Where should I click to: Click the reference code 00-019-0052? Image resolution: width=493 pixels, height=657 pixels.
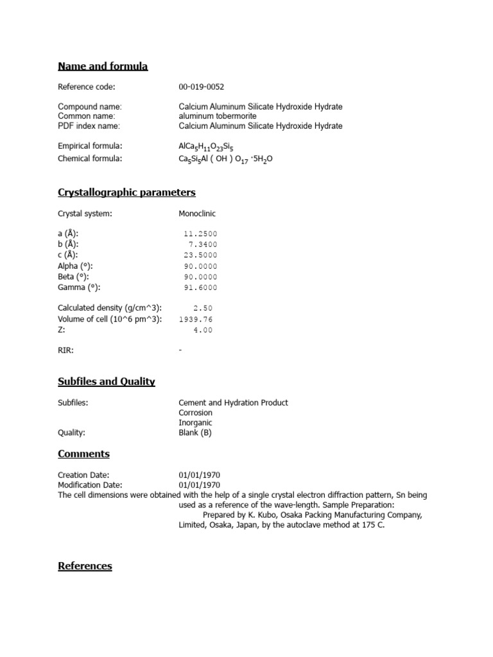point(202,87)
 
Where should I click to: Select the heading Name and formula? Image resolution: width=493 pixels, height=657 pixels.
point(103,66)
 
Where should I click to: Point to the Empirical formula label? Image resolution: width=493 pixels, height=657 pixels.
point(90,146)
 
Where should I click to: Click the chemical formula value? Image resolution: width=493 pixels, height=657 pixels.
point(225,159)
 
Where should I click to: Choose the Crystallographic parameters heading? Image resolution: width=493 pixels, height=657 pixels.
point(126,192)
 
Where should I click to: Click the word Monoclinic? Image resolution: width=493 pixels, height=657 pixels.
point(197,214)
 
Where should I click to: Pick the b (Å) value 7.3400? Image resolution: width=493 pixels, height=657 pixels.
point(203,244)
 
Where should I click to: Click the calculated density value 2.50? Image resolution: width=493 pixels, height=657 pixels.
point(203,309)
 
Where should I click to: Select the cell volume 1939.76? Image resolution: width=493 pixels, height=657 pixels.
point(196,319)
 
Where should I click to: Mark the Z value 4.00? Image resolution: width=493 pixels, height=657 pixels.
point(203,330)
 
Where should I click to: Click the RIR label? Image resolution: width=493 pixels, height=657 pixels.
point(66,350)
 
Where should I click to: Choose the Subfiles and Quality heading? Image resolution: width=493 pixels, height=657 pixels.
point(107,382)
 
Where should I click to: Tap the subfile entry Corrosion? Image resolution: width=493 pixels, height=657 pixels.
point(195,413)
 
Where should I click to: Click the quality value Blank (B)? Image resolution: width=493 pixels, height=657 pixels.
point(195,432)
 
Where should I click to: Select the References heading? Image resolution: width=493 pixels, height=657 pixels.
point(85,566)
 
